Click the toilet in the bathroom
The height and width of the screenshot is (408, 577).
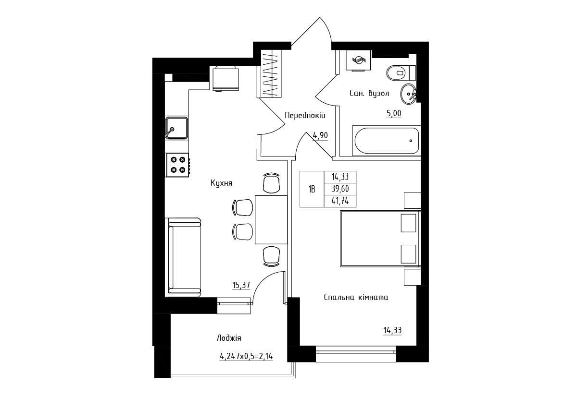point(401,73)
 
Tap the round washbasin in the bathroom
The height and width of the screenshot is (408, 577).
point(409,94)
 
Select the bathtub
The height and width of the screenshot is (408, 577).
point(387,141)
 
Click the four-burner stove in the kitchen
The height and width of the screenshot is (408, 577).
point(178,165)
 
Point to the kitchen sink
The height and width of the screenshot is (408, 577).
point(176,128)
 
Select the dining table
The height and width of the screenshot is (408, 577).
point(271,219)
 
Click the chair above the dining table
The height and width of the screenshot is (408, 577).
point(272,183)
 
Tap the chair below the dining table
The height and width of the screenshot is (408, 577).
point(272,256)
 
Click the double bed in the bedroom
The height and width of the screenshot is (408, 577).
point(380,239)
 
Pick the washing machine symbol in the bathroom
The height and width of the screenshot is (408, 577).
point(358,60)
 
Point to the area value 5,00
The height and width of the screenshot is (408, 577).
point(394,113)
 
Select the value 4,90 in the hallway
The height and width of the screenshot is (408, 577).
point(320,135)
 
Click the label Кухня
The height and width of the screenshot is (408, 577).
point(221,183)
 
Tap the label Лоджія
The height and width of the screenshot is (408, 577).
point(229,338)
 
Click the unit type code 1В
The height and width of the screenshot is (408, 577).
point(312,189)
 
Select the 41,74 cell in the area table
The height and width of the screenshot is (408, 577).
point(340,201)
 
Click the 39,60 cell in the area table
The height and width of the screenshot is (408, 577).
point(340,189)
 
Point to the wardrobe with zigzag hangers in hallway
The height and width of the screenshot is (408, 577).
point(271,74)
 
